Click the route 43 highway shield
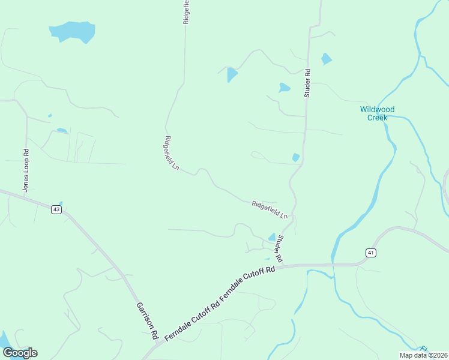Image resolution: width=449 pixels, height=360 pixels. pyautogui.click(x=56, y=209)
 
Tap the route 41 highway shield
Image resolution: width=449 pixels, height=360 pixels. pyautogui.click(x=371, y=253)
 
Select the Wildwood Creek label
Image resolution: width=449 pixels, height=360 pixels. pyautogui.click(x=378, y=113)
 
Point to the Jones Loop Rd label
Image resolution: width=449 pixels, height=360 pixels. pyautogui.click(x=26, y=170)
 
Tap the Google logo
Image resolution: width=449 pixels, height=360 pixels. pyautogui.click(x=20, y=353)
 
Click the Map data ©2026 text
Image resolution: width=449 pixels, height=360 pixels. pyautogui.click(x=423, y=355)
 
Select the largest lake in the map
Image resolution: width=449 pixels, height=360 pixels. pyautogui.click(x=73, y=31)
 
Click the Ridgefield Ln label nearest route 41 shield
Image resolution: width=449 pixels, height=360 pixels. pyautogui.click(x=270, y=209)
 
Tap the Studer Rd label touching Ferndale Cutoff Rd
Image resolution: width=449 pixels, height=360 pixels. pyautogui.click(x=279, y=248)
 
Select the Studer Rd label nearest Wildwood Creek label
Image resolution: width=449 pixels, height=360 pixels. pyautogui.click(x=307, y=83)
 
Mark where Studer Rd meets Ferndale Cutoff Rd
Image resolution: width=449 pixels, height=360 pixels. pyautogui.click(x=282, y=264)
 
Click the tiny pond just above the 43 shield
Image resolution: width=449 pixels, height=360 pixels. pyautogui.click(x=61, y=204)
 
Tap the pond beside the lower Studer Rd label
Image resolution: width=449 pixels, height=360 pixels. pyautogui.click(x=272, y=238)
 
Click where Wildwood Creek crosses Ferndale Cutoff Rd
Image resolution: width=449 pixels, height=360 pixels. pyautogui.click(x=332, y=263)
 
